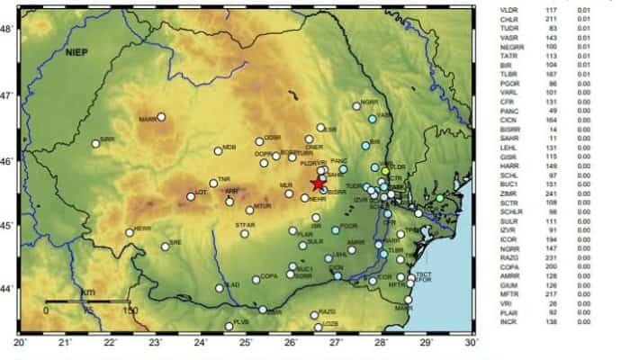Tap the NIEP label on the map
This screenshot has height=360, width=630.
[78, 54]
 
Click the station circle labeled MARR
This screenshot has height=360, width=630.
[162, 116]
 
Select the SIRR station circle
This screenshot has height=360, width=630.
[95, 143]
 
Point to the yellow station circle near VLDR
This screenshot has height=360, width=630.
[385, 170]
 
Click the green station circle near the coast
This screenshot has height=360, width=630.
[440, 198]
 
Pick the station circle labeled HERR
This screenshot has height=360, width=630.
[130, 232]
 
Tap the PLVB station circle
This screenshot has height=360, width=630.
[229, 326]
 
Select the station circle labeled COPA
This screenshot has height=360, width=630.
[256, 279]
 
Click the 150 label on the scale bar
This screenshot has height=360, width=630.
[130, 310]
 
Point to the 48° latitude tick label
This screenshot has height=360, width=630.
[7, 29]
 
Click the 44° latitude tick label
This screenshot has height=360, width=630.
[7, 288]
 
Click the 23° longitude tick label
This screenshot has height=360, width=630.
[156, 343]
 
